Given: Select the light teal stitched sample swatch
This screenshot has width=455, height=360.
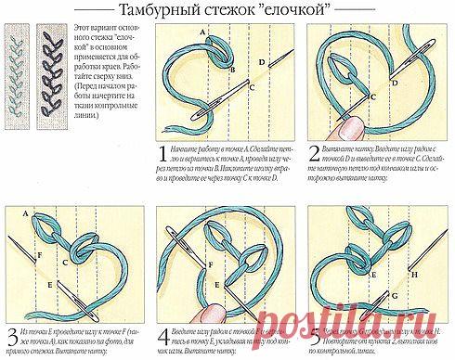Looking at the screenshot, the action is click(17, 69).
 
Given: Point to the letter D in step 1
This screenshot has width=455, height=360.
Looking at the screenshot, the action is click(262, 62).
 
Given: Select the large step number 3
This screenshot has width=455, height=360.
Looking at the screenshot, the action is click(10, 330).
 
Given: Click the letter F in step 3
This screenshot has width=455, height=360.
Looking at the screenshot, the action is click(40, 253).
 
